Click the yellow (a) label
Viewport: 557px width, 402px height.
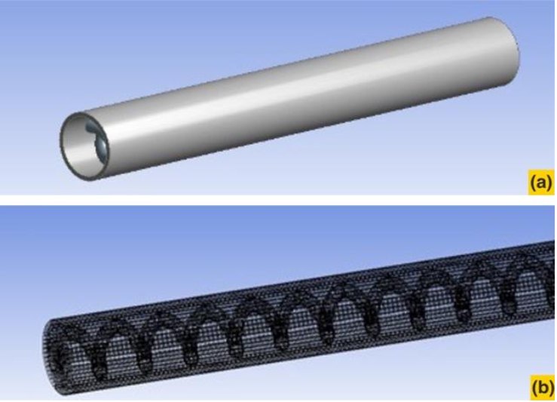coord(540,183)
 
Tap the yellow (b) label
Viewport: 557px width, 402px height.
coord(543,388)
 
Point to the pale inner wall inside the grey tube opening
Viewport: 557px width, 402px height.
coord(76,149)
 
